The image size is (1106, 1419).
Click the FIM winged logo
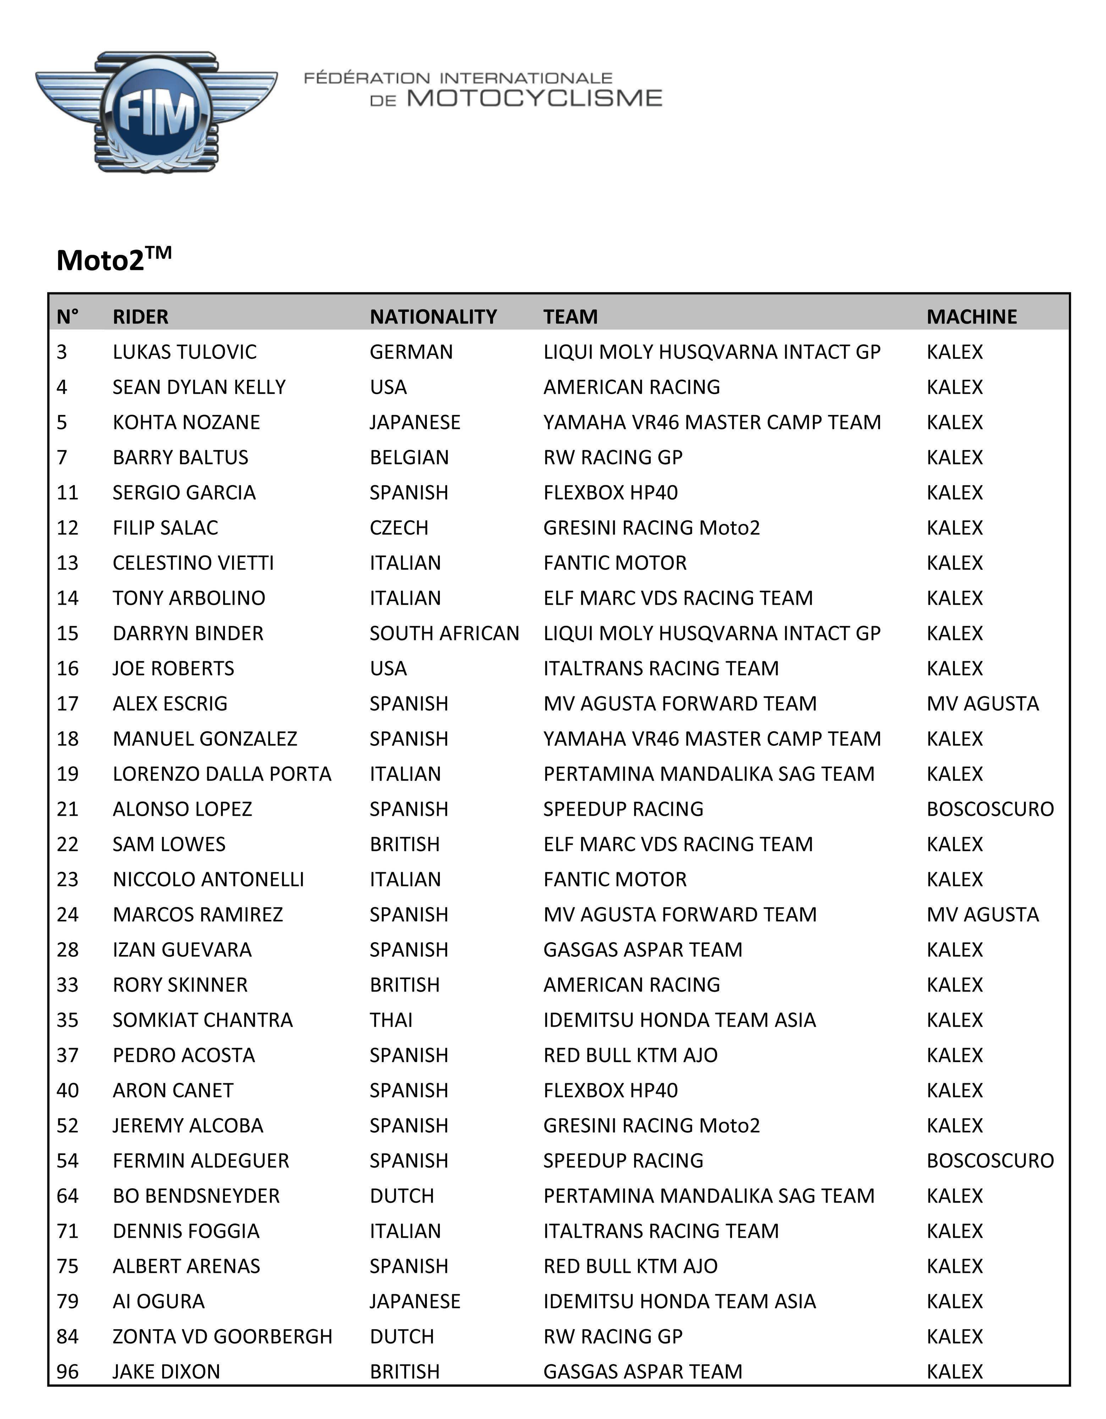tap(156, 112)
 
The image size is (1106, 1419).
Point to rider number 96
tap(67, 1371)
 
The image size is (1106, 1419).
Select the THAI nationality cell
tap(391, 1020)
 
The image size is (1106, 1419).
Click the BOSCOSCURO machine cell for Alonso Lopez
tap(990, 809)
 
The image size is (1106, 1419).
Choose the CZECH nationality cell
tap(398, 528)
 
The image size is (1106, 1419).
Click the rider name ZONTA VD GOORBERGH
tap(222, 1336)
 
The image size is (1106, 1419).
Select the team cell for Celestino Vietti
tap(615, 563)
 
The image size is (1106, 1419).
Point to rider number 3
tap(62, 352)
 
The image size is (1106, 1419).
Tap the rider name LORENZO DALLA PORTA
tap(221, 774)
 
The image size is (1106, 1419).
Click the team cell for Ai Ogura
tap(679, 1301)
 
